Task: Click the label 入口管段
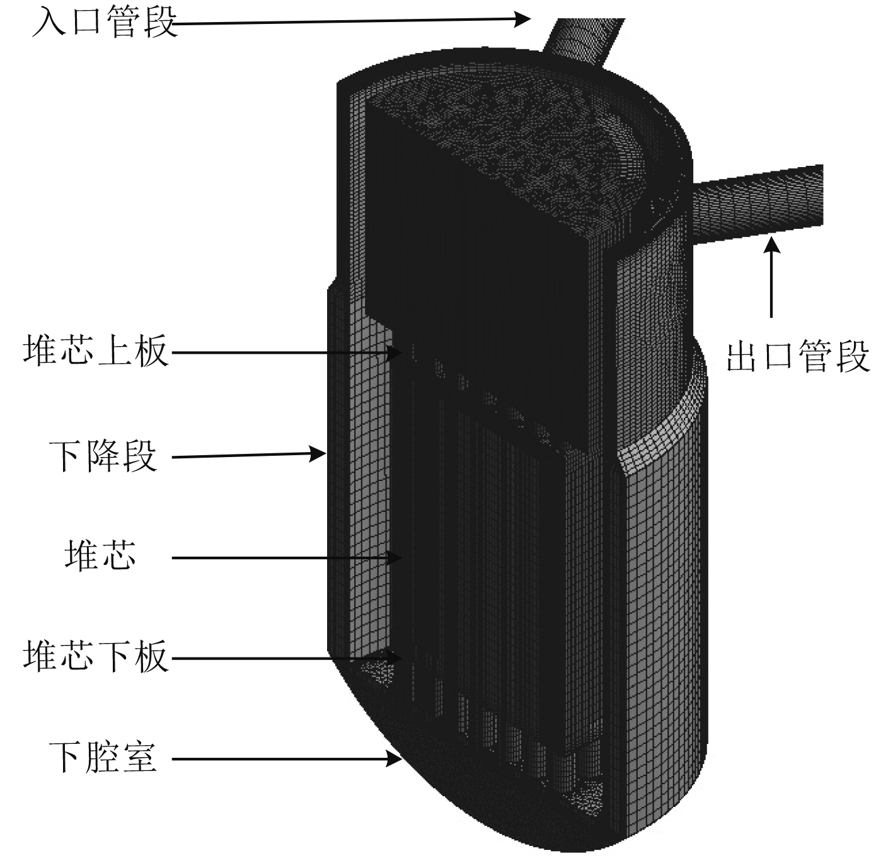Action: [105, 23]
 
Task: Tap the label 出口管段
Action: [798, 356]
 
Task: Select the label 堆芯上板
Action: [96, 351]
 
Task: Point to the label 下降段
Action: [103, 456]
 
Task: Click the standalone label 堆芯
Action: [100, 555]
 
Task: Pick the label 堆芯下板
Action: [96, 656]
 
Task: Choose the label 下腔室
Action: [103, 757]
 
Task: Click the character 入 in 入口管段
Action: [48, 23]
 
